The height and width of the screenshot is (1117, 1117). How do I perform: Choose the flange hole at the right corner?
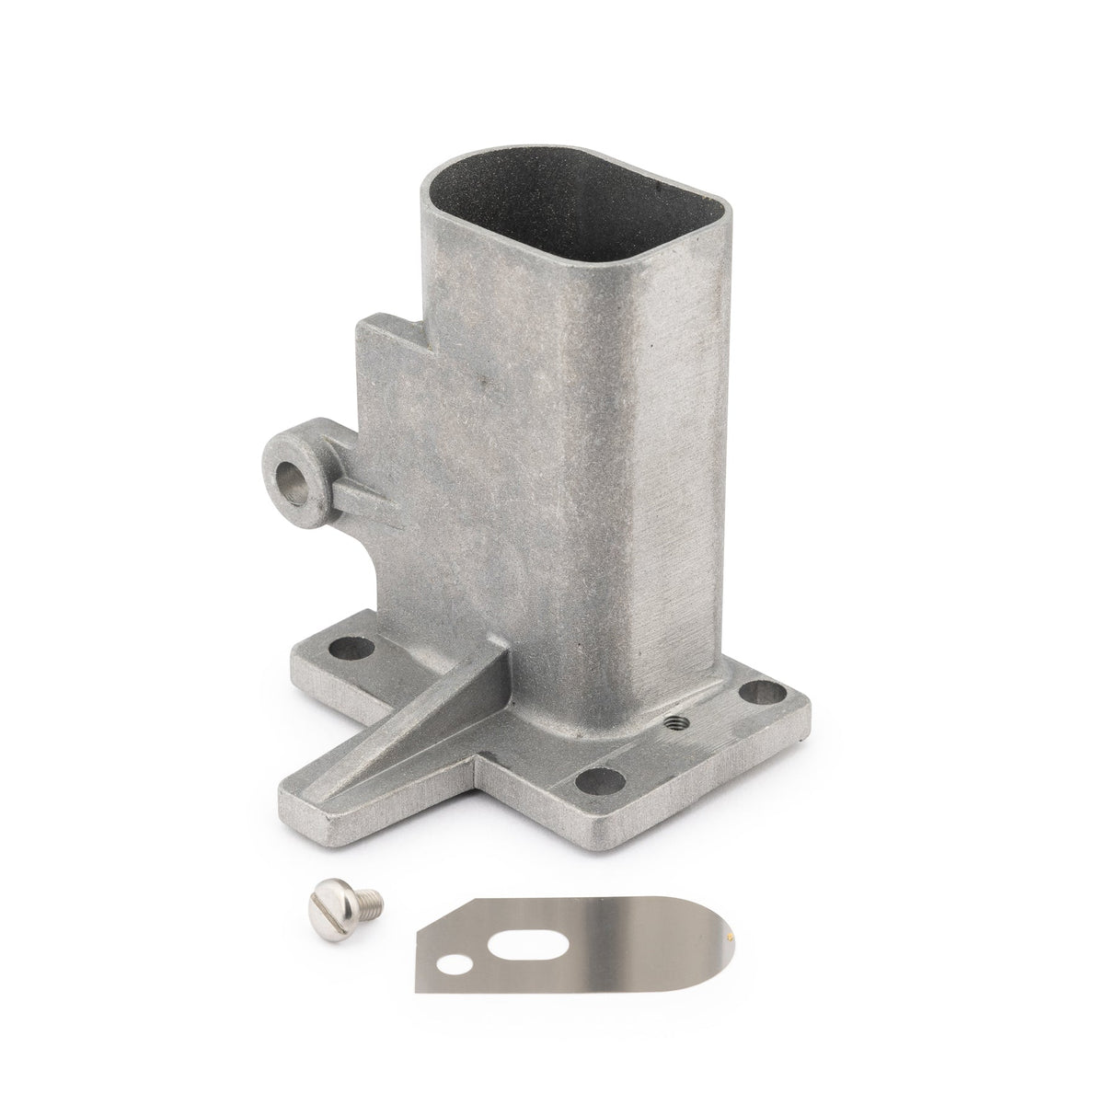pos(757,689)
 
